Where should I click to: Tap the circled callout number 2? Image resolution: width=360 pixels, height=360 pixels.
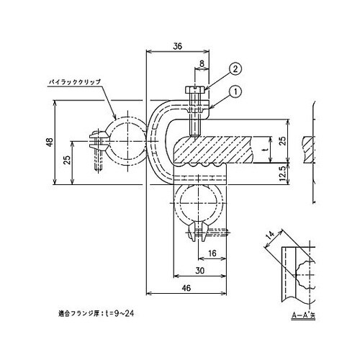pos(235,70)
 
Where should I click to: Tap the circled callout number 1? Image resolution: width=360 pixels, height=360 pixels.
pos(235,91)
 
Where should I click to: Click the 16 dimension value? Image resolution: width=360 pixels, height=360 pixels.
pos(212,254)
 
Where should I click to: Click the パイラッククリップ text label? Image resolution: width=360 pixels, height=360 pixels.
pos(73,84)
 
